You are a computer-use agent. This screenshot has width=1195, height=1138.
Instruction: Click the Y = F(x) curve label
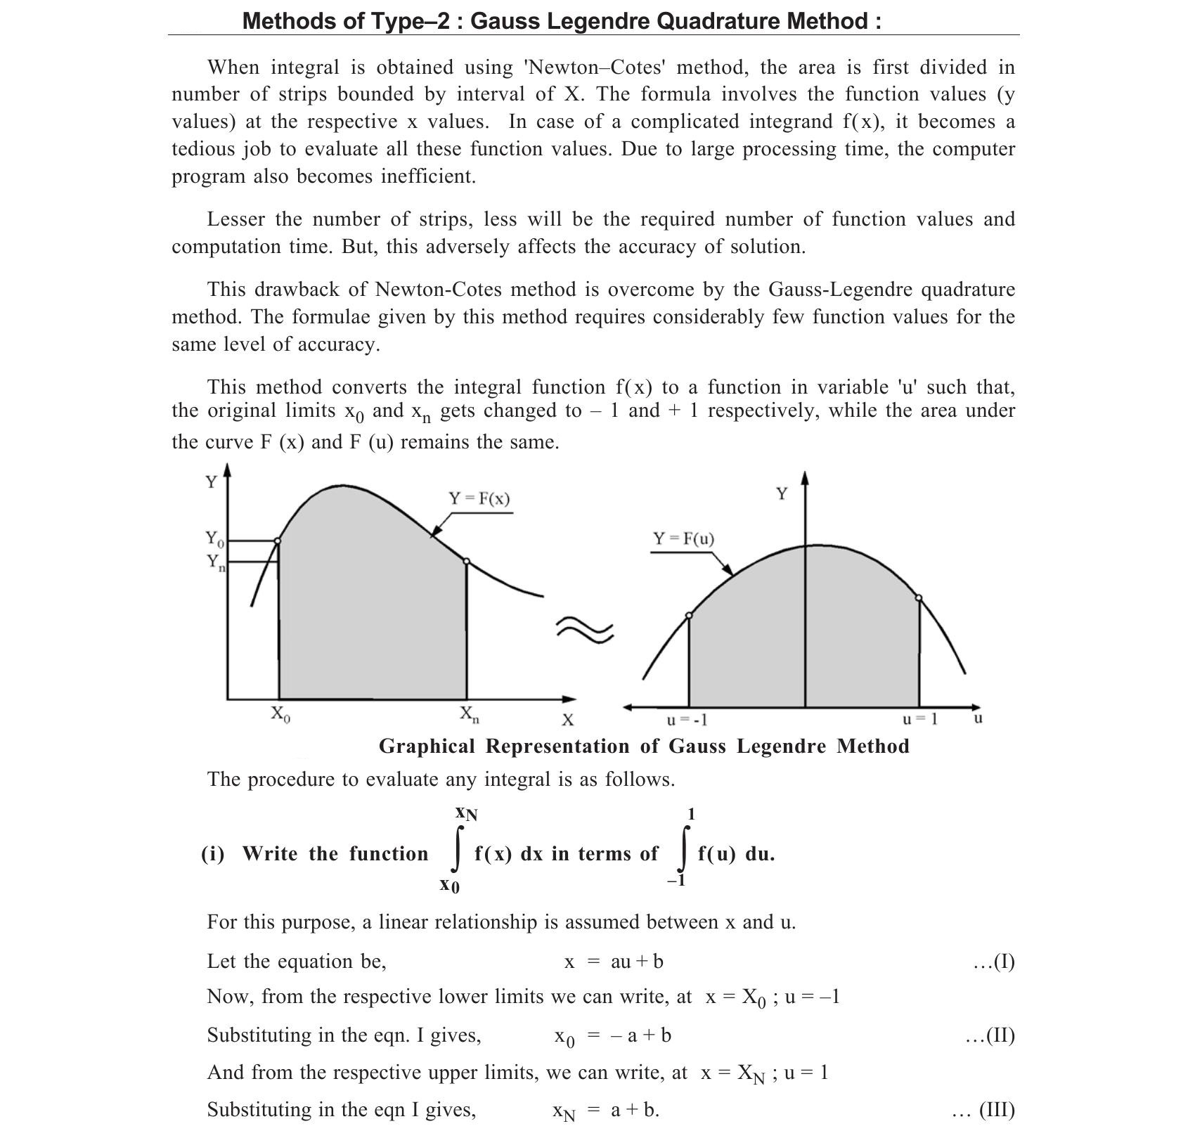[x=479, y=498]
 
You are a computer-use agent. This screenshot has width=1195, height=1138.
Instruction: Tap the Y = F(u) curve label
[x=683, y=539]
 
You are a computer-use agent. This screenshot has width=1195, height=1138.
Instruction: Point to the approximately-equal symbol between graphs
[x=585, y=629]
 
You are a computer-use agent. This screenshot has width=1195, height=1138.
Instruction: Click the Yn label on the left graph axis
[x=216, y=562]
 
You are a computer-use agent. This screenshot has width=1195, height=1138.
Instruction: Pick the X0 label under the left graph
[x=280, y=714]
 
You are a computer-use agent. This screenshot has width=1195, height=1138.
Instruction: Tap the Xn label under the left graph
[x=470, y=714]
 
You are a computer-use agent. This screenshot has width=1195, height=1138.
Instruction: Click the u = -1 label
[x=687, y=720]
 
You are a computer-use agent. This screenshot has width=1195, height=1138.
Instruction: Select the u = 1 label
[x=920, y=719]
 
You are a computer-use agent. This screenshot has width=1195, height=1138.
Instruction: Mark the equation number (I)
[x=994, y=962]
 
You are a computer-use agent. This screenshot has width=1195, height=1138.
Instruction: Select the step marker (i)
[x=213, y=854]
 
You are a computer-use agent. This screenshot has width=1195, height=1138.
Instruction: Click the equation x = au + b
[x=614, y=962]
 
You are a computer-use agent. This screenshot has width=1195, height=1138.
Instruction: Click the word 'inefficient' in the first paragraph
[x=428, y=176]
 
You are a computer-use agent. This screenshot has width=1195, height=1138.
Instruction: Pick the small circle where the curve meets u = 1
[x=919, y=598]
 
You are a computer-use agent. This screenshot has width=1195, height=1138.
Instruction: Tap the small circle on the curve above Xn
[x=467, y=561]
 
